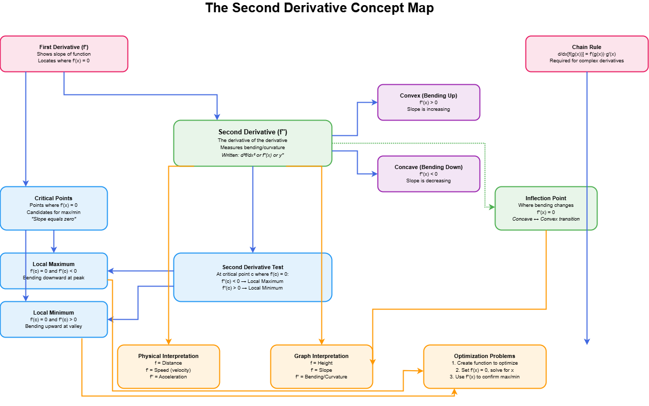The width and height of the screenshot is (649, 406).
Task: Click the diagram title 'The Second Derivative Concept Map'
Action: click(319, 9)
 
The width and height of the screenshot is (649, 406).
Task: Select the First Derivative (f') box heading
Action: click(64, 47)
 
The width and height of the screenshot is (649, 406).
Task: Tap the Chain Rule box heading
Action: click(586, 47)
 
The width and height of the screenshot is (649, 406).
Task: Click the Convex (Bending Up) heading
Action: click(428, 95)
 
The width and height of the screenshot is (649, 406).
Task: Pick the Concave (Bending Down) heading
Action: click(428, 167)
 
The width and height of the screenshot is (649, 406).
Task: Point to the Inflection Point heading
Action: click(545, 198)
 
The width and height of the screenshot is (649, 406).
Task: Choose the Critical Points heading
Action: click(54, 198)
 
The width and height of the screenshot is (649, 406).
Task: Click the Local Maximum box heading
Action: click(54, 264)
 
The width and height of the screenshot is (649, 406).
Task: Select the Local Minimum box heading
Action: click(54, 313)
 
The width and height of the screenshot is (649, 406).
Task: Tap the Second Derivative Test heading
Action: click(253, 267)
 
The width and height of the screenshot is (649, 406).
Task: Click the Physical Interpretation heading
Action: click(168, 356)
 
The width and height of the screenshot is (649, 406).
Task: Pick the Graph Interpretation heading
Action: click(321, 356)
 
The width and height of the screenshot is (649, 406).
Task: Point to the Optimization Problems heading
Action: click(484, 356)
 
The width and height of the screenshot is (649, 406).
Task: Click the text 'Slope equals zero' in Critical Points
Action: click(54, 219)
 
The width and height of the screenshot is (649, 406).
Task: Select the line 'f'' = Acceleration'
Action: click(168, 377)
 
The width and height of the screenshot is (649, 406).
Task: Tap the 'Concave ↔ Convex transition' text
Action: click(545, 219)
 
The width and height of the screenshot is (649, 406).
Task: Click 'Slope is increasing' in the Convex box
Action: click(428, 109)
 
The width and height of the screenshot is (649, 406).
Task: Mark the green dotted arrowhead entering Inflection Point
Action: click(492, 207)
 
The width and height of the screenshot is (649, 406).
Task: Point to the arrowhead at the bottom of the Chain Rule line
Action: click(587, 342)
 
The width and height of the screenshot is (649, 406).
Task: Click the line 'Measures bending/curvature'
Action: click(253, 148)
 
